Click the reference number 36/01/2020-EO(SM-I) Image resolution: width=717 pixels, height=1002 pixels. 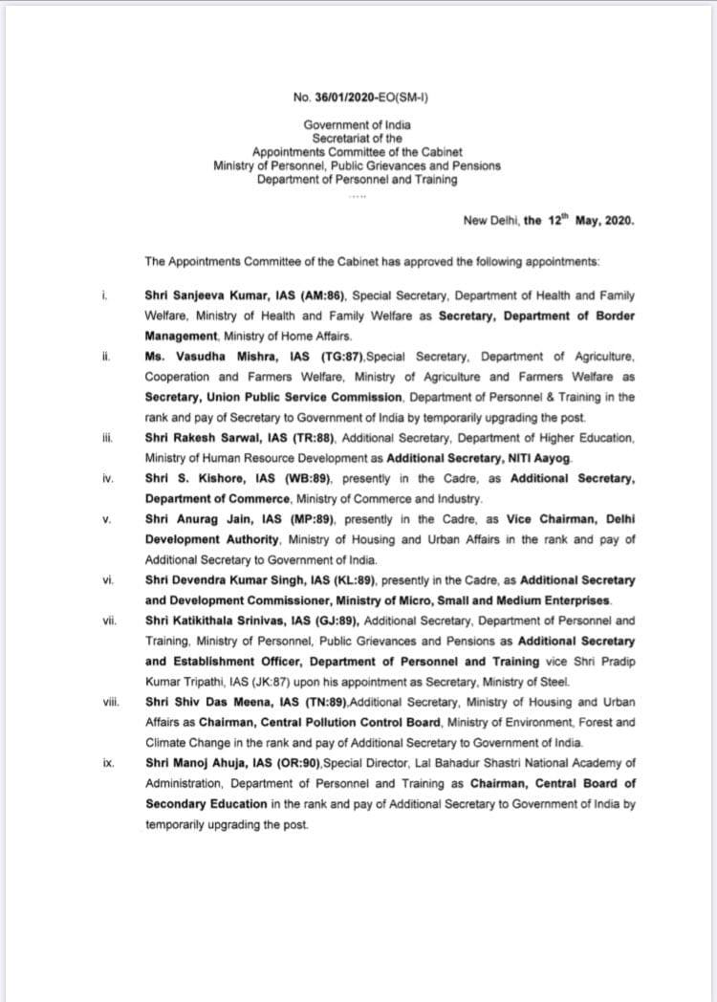coord(365,97)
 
